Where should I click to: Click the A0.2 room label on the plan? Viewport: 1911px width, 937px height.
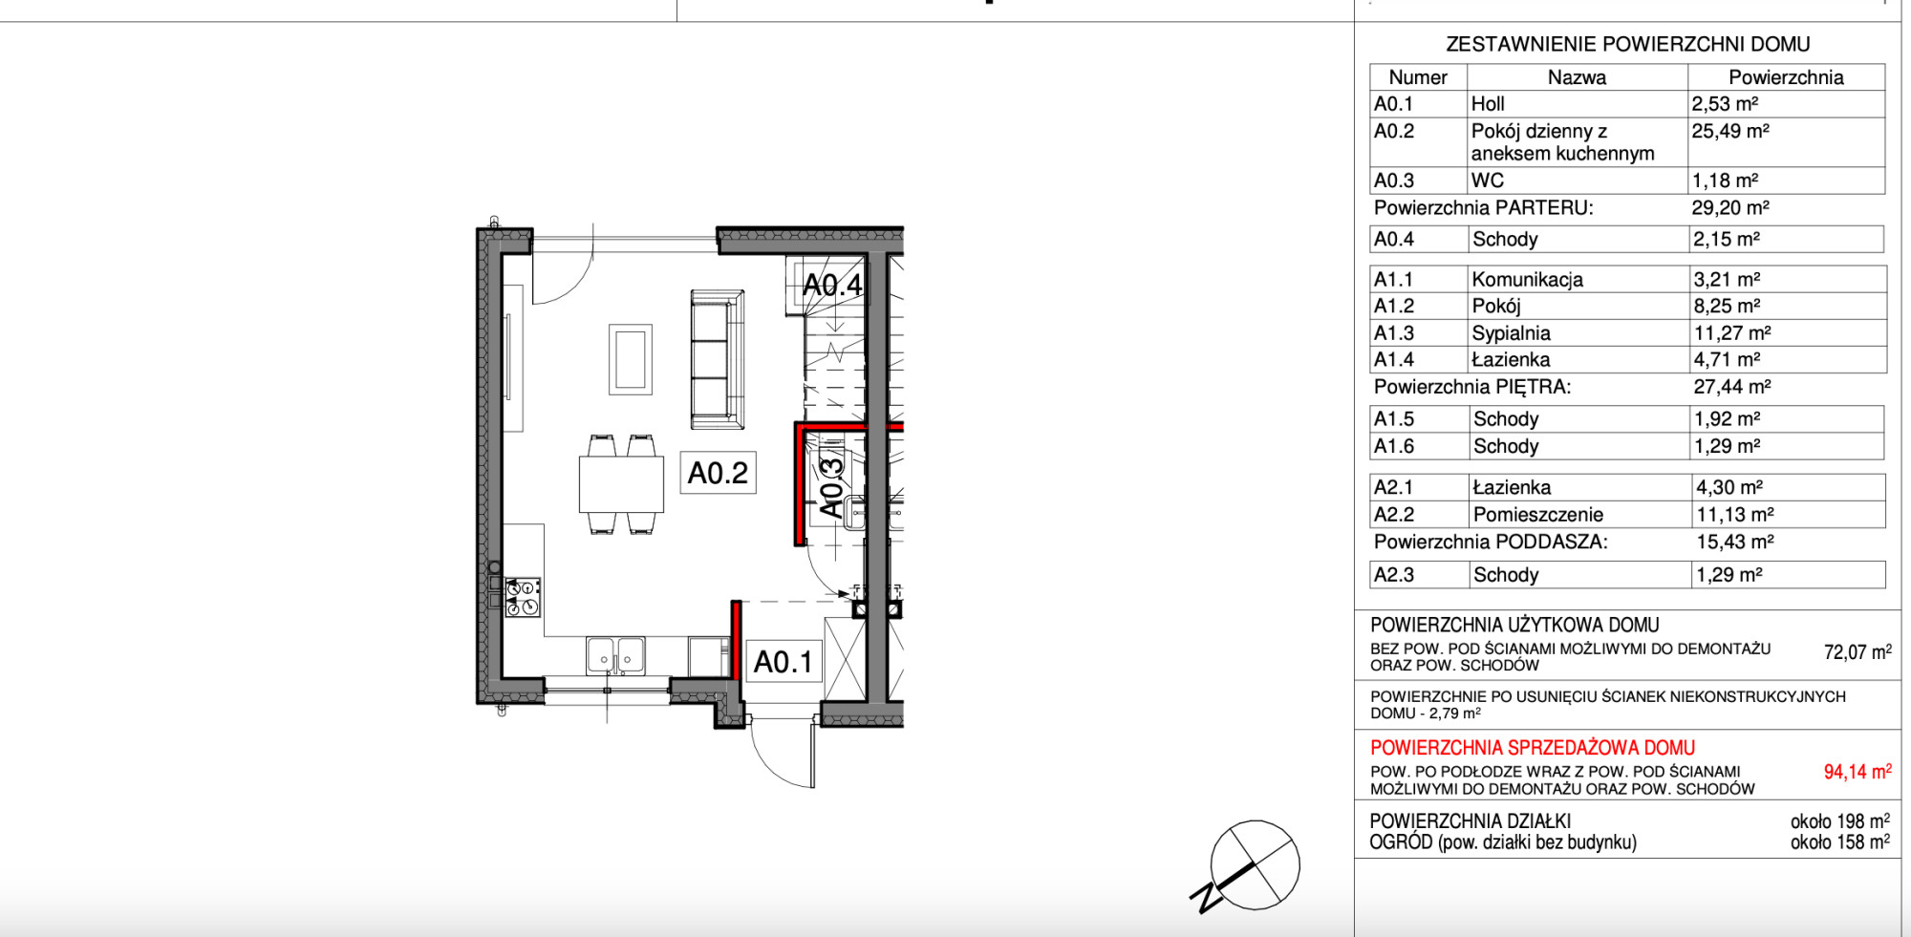pos(718,473)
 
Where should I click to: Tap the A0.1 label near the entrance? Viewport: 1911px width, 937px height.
pos(783,662)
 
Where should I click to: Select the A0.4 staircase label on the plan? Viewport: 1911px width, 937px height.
pos(832,285)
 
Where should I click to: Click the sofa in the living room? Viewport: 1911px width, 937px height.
pos(717,360)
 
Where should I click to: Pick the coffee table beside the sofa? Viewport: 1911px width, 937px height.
pos(631,359)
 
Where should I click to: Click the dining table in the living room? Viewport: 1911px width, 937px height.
pos(621,485)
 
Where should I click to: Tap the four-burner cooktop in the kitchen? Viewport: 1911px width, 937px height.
pos(523,598)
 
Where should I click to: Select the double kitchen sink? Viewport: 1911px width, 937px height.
pos(615,656)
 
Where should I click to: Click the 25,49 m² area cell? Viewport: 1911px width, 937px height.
pos(1730,131)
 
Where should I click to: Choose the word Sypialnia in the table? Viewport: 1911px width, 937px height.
pos(1512,333)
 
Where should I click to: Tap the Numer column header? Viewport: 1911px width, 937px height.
pos(1418,77)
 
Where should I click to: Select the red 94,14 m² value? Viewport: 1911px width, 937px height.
pos(1857,772)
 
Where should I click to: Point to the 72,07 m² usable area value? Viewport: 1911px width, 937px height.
pos(1857,652)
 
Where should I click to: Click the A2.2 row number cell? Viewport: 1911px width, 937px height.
pos(1393,515)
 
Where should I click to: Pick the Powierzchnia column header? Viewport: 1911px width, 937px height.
pos(1786,77)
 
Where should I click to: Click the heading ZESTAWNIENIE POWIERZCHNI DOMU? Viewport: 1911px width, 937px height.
pos(1628,44)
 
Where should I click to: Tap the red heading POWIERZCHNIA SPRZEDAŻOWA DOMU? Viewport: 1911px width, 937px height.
pos(1533,748)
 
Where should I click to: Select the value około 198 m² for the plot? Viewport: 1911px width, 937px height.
pos(1840,821)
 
